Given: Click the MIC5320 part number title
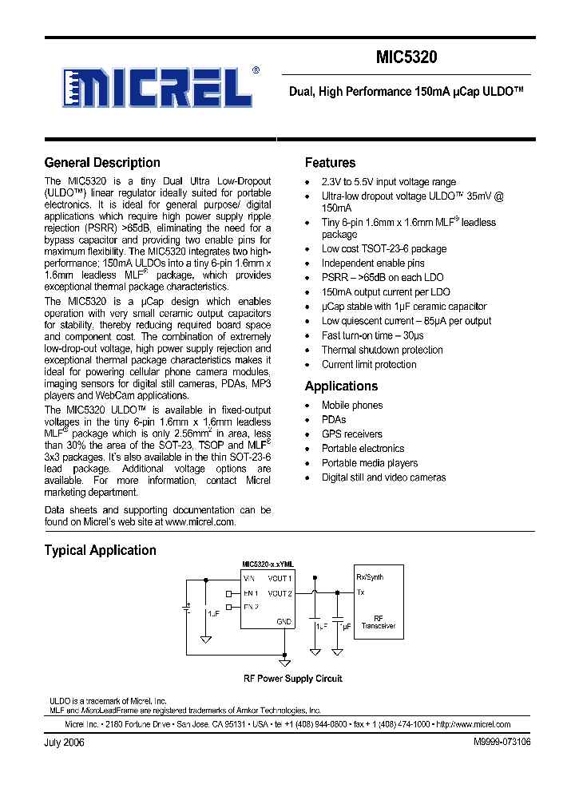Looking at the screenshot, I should (x=406, y=57).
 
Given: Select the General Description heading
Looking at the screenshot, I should (x=102, y=163).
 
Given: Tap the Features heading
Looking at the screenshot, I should (x=330, y=163).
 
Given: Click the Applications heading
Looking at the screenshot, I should (x=341, y=386).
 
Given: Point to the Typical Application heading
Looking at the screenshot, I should (x=100, y=550).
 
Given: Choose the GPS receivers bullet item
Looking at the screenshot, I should (x=351, y=434).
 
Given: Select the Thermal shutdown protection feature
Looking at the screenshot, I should (x=382, y=350).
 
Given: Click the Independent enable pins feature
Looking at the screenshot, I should (x=373, y=263).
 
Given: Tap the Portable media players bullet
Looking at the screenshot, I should (x=369, y=463).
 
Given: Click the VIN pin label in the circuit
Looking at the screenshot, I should (x=249, y=577).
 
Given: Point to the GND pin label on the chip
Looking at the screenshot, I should (x=284, y=621).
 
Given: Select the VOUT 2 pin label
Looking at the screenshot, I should (x=280, y=593).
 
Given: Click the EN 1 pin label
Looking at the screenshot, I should (x=250, y=593).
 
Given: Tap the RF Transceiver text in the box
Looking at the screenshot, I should (x=378, y=622).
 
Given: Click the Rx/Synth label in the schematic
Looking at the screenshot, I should (x=370, y=577).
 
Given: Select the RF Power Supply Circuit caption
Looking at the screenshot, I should (x=292, y=679).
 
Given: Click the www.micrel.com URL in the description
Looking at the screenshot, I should (x=200, y=521).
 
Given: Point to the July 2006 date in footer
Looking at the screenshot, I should (x=64, y=742).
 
